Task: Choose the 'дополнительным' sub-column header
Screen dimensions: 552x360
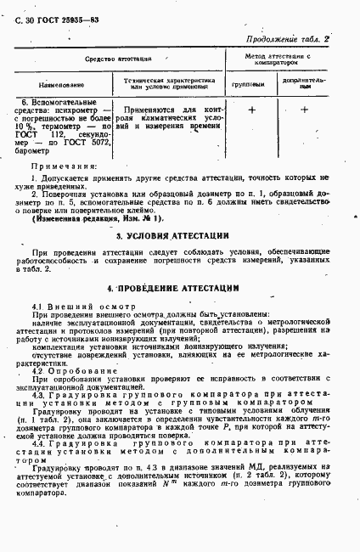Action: tap(304, 86)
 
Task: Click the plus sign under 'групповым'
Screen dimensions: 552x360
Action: tap(251, 110)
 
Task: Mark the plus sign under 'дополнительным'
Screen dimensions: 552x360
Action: tap(304, 110)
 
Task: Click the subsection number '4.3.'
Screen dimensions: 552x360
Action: tap(39, 395)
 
